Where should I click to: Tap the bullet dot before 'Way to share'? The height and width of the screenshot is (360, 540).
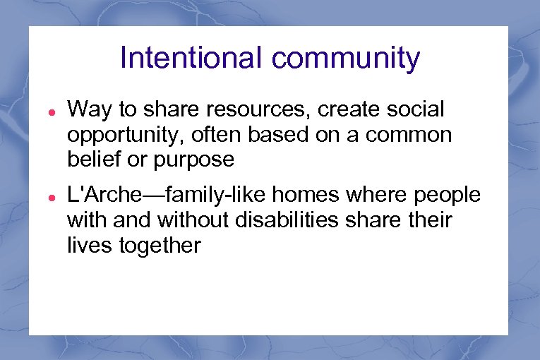(x=42, y=112)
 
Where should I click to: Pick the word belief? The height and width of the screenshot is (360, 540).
(x=88, y=160)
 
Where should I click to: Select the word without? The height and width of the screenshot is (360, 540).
(x=192, y=221)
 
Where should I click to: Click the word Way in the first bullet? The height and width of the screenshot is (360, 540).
(x=87, y=111)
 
